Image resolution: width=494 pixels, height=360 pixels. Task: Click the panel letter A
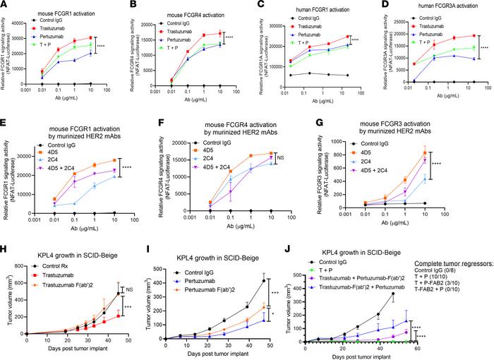coord(4,5)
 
